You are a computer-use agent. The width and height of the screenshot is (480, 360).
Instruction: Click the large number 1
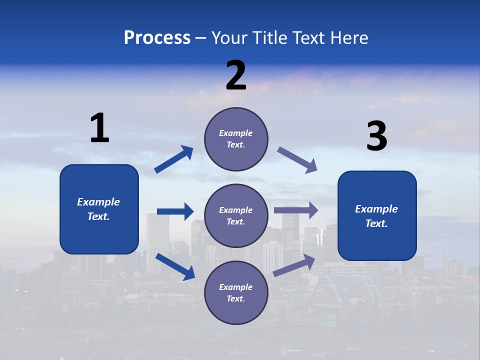tap(99, 128)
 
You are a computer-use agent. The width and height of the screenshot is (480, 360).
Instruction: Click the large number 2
tap(236, 75)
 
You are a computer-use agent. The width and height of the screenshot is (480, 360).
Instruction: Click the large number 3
tap(376, 136)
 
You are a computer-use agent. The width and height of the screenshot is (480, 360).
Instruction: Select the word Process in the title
tap(157, 37)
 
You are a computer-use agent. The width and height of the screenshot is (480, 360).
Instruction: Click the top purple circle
tap(236, 139)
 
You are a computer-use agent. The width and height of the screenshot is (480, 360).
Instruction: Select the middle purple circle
tap(236, 215)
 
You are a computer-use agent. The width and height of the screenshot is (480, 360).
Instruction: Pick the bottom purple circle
tap(236, 292)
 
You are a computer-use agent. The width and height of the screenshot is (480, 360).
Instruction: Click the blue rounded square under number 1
tap(99, 209)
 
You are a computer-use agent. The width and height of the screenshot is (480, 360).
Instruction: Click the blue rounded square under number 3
tap(377, 215)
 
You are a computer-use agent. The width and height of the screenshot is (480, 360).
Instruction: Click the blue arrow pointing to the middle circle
tap(175, 211)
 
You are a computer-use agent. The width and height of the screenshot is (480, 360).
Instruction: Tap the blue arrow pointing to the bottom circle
tap(175, 266)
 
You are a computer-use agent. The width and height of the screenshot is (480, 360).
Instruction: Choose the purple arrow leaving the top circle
tap(297, 160)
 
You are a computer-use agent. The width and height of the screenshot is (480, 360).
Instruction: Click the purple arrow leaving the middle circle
tap(296, 210)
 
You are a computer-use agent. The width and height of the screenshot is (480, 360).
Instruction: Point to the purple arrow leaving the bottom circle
tap(294, 265)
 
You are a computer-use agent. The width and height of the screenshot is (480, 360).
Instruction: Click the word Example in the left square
tap(98, 202)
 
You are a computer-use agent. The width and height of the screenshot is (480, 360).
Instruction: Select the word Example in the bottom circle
tap(236, 287)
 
